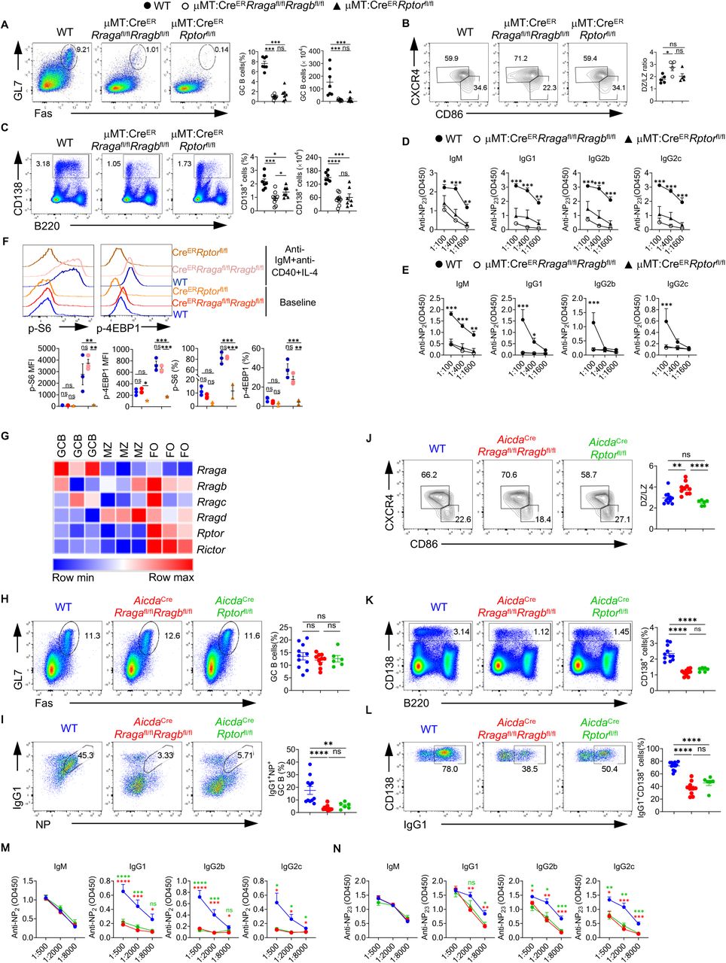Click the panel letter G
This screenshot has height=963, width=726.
pos(6,439)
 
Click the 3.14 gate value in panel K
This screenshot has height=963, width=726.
pos(459,633)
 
